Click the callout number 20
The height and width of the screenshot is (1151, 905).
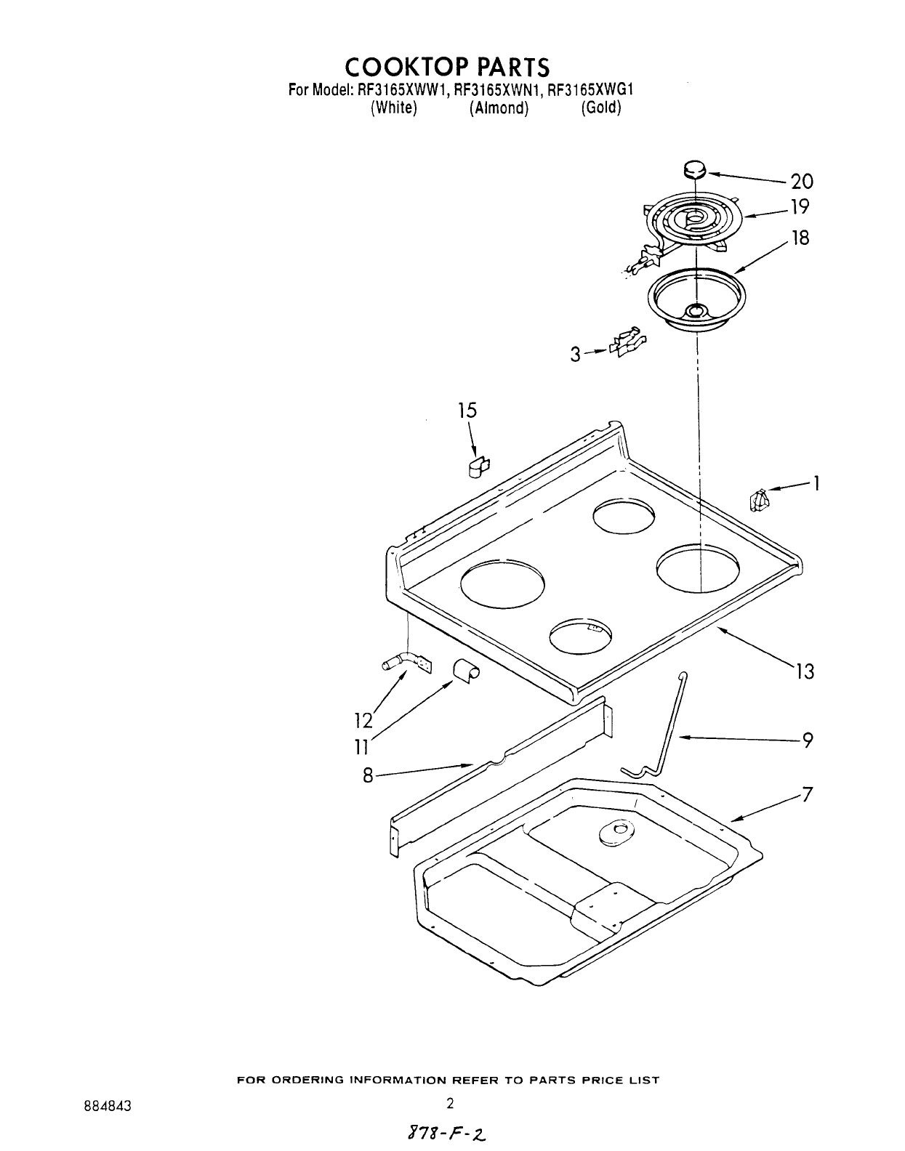[x=802, y=181]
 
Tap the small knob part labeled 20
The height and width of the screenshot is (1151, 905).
[x=695, y=170]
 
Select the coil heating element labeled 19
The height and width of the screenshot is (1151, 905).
[x=693, y=221]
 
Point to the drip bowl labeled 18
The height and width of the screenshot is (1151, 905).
[x=696, y=299]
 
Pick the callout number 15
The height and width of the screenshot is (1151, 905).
[x=467, y=411]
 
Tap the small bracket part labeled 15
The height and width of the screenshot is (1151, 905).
[x=478, y=467]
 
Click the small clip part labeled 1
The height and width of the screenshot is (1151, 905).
[x=759, y=500]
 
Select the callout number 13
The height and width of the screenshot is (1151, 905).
[x=805, y=671]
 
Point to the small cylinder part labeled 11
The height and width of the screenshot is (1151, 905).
[x=465, y=670]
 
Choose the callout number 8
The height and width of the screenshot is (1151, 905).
[x=368, y=776]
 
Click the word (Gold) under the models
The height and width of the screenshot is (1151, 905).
[x=600, y=108]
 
